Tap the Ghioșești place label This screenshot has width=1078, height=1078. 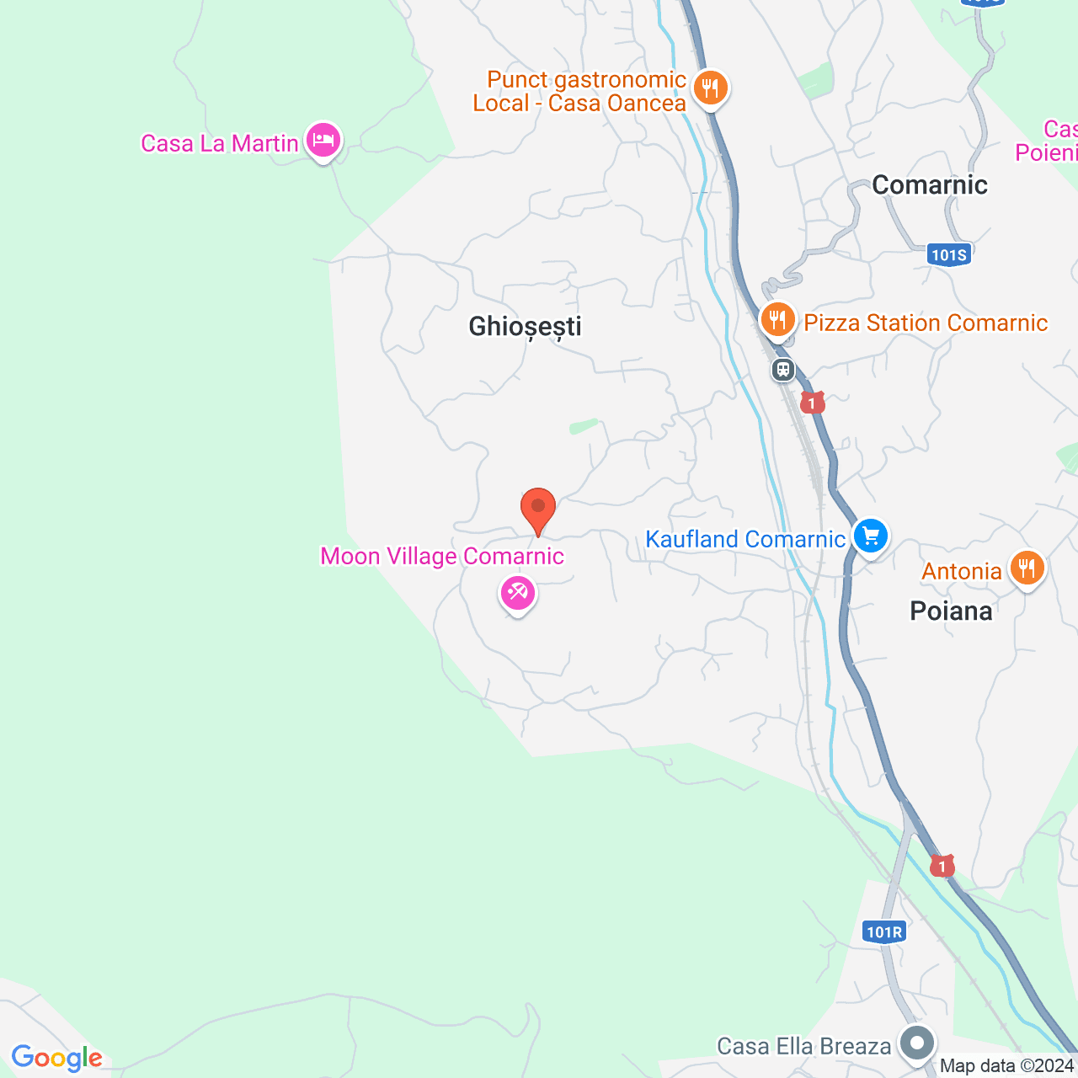pyautogui.click(x=525, y=327)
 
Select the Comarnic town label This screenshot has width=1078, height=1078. pyautogui.click(x=929, y=185)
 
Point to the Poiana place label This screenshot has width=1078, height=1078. pyautogui.click(x=951, y=611)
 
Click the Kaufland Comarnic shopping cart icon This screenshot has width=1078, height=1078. pyautogui.click(x=870, y=536)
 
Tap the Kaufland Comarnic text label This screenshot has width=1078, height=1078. pyautogui.click(x=744, y=539)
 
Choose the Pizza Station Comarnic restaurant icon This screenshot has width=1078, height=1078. pyautogui.click(x=777, y=321)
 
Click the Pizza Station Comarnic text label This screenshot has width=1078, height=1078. pyautogui.click(x=926, y=323)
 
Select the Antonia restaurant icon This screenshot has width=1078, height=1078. pyautogui.click(x=1027, y=568)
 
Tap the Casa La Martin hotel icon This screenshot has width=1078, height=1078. pyautogui.click(x=323, y=140)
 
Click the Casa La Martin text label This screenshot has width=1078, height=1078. pyautogui.click(x=219, y=144)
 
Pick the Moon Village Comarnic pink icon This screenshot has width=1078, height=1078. pyautogui.click(x=517, y=593)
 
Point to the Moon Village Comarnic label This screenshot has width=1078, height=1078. pyautogui.click(x=442, y=557)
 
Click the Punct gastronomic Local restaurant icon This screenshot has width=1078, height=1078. pyautogui.click(x=711, y=87)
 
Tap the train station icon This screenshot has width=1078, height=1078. pyautogui.click(x=783, y=369)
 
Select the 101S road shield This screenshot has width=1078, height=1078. pyautogui.click(x=949, y=254)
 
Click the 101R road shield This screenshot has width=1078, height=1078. pyautogui.click(x=884, y=931)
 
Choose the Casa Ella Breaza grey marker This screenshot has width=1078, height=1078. pyautogui.click(x=917, y=1043)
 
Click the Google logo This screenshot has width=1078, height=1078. pyautogui.click(x=56, y=1058)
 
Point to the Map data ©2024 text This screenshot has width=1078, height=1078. pyautogui.click(x=1006, y=1066)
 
